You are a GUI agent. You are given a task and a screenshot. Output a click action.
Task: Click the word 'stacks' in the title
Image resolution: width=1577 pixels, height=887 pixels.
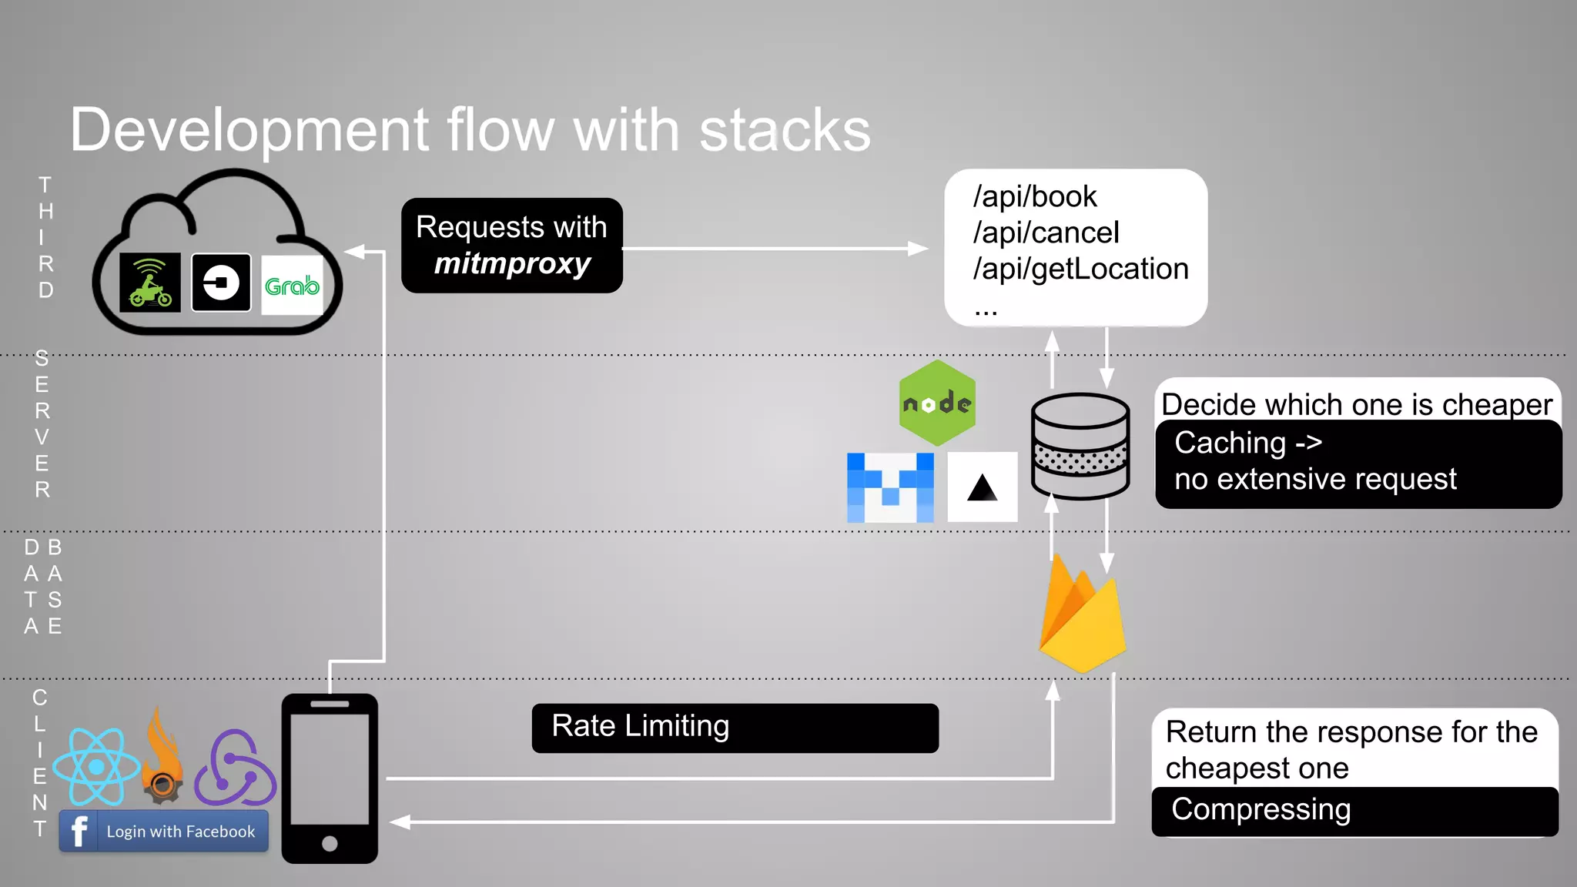(x=785, y=130)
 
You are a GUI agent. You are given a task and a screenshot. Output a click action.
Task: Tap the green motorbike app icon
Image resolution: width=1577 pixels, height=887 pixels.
(x=150, y=283)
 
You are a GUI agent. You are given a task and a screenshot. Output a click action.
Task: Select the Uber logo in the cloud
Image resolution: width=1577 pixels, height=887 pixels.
(x=221, y=283)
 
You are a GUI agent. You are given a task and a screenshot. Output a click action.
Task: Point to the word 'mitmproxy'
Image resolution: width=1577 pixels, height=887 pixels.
(x=512, y=263)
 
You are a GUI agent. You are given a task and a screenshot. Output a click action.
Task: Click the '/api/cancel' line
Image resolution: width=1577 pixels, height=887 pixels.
(x=1046, y=233)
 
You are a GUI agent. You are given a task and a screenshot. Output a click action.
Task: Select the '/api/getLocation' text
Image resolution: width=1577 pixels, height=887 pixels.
(x=1080, y=269)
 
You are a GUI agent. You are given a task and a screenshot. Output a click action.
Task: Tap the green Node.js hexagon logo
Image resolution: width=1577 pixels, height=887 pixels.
(x=937, y=403)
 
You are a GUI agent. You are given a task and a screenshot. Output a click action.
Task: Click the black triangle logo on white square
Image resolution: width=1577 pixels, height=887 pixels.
(x=982, y=487)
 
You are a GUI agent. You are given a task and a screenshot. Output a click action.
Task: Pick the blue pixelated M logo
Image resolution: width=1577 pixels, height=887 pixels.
(x=890, y=487)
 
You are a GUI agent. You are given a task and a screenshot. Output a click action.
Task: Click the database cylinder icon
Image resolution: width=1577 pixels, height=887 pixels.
(x=1080, y=447)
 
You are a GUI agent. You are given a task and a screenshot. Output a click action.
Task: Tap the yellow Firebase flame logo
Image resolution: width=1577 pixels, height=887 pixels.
(x=1082, y=616)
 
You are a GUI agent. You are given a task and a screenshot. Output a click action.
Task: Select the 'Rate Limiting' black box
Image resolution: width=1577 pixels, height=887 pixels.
(x=735, y=728)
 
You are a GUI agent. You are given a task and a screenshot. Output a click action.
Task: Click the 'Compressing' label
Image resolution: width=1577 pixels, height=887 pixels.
(x=1261, y=810)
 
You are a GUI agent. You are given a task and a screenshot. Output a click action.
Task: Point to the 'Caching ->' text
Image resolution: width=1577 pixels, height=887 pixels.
(x=1247, y=443)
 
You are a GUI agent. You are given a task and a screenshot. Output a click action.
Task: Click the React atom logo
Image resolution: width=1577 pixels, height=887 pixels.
(x=96, y=767)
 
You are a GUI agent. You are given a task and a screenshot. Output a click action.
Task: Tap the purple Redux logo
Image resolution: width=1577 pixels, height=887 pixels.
(x=235, y=768)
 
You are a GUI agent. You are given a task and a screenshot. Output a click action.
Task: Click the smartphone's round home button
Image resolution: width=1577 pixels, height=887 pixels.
(x=330, y=843)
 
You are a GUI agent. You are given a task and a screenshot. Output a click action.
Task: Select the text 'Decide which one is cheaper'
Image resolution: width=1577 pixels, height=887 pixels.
(x=1356, y=404)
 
